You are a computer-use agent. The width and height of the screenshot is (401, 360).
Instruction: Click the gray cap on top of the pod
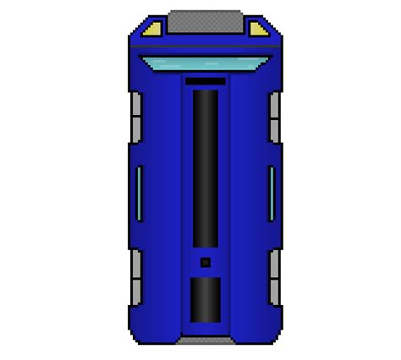tap(206, 19)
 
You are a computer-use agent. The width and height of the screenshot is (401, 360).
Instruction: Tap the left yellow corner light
tap(151, 30)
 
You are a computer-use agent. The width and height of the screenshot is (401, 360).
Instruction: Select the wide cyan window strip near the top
tap(206, 62)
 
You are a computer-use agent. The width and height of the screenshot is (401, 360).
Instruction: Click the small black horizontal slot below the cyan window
tap(206, 82)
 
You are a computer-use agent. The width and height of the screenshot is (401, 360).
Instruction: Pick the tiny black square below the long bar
tap(206, 263)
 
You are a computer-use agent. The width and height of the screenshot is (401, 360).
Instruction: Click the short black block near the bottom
tap(206, 299)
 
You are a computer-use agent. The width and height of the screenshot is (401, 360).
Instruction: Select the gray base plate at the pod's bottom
tap(206, 340)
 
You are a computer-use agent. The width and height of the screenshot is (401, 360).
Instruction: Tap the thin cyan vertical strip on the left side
tap(139, 193)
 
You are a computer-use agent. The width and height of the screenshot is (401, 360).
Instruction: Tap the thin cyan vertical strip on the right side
tap(272, 193)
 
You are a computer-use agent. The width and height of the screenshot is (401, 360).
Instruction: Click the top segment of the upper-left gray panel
tap(136, 106)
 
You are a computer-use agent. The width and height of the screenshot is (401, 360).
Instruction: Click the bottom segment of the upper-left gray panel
tap(136, 129)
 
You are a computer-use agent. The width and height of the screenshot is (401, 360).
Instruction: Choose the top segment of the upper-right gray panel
tap(274, 106)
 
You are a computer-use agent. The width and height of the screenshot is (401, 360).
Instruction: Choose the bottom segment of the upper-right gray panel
tap(274, 129)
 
